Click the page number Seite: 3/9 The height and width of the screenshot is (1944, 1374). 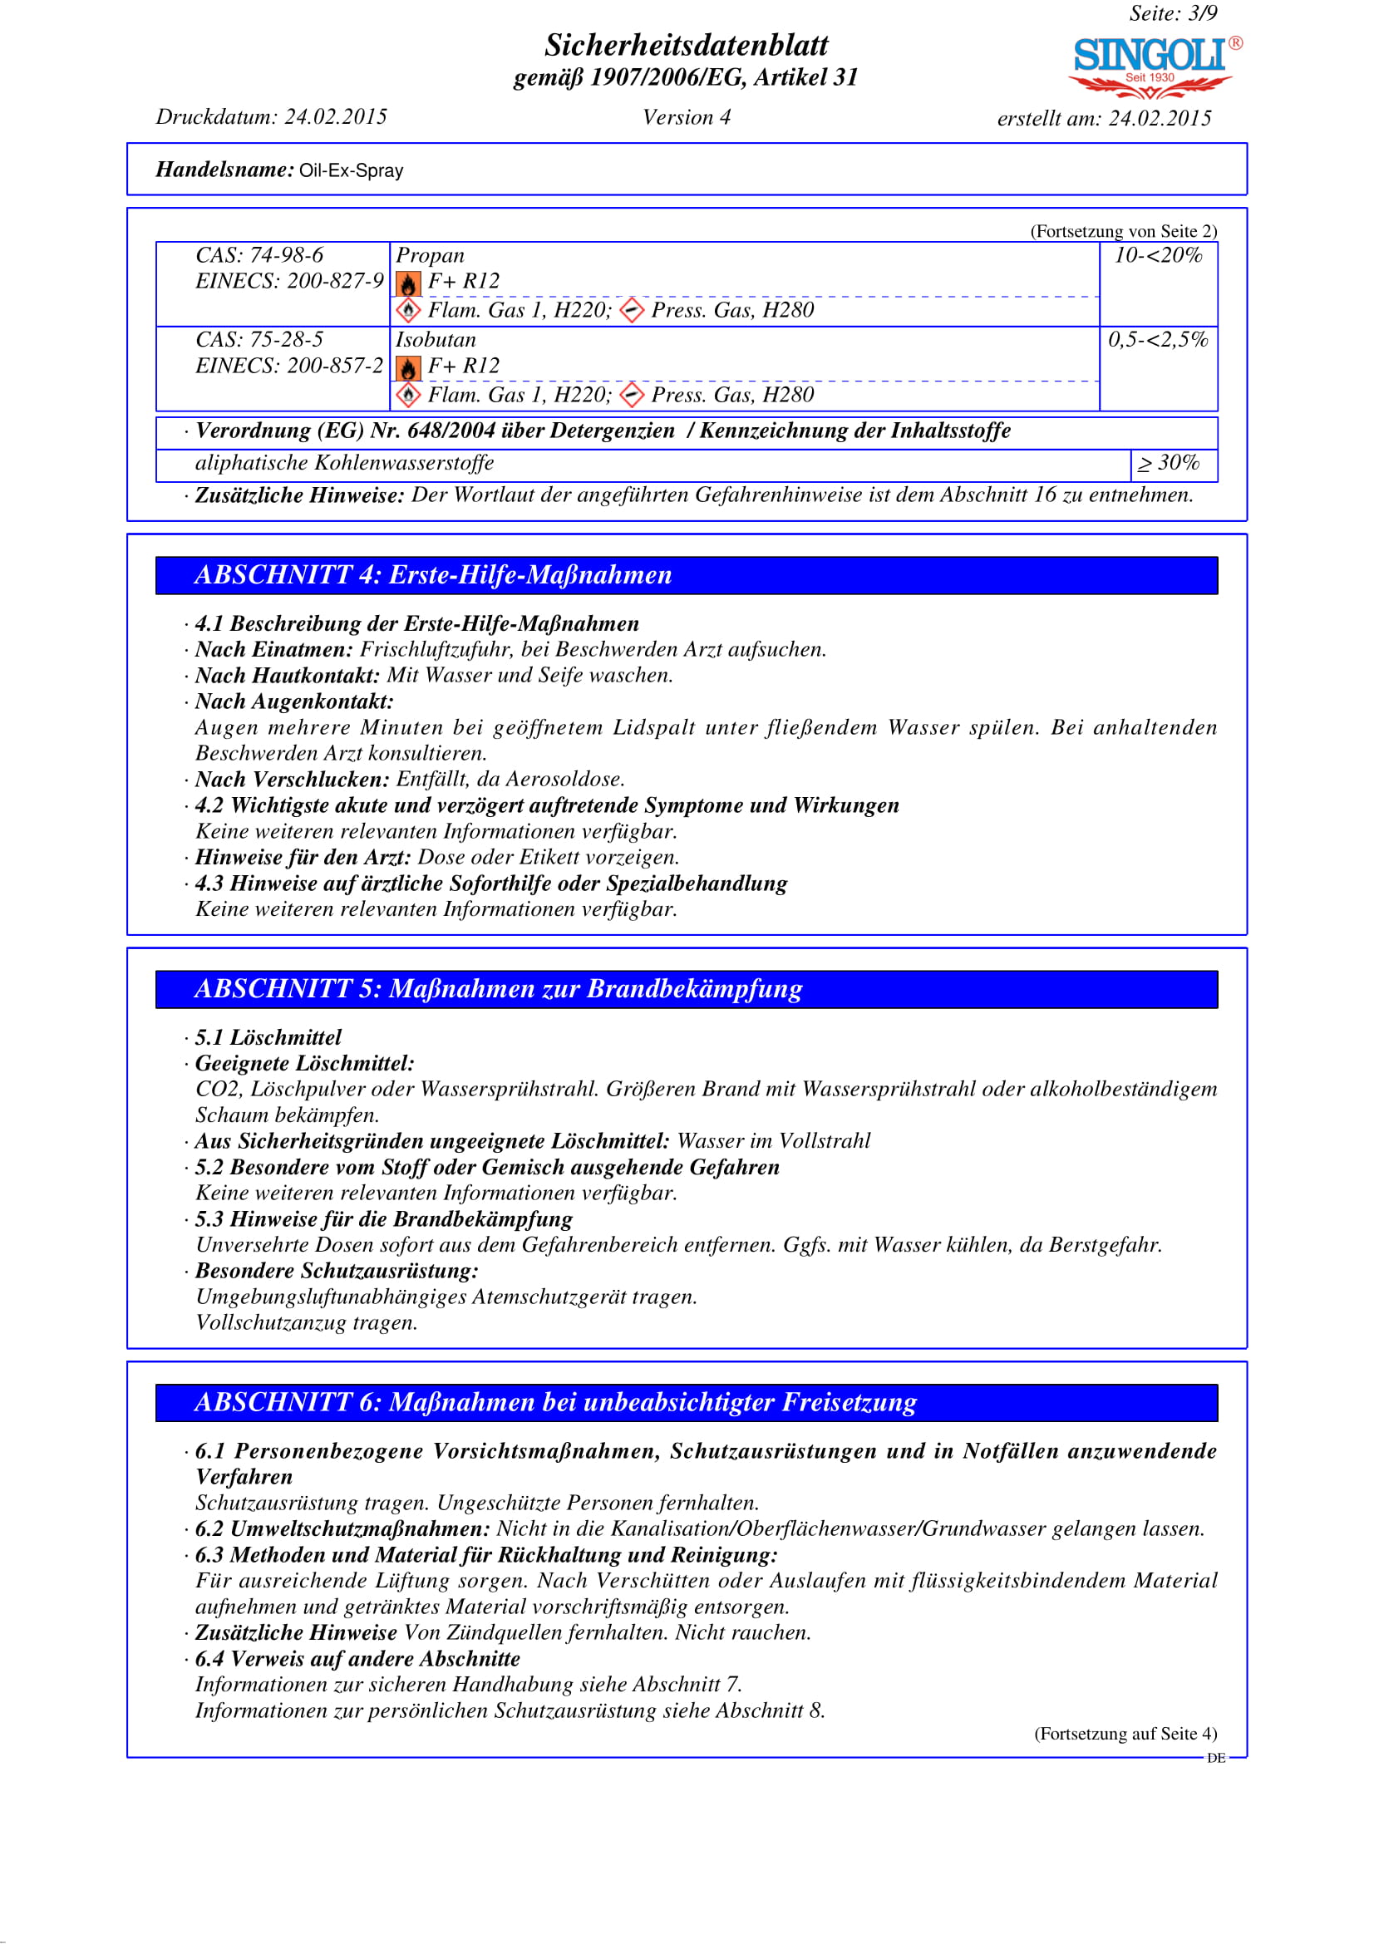tap(1173, 13)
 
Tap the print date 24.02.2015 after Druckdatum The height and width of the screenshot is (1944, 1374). tap(335, 117)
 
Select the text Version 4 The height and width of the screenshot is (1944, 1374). tap(686, 118)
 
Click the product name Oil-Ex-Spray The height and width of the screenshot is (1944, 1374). tap(352, 171)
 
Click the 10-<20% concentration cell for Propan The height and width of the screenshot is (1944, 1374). tap(1157, 255)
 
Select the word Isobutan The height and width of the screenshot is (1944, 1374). tap(436, 340)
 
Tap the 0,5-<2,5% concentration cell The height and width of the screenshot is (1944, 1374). tap(1157, 340)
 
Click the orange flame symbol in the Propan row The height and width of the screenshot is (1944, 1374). tap(408, 283)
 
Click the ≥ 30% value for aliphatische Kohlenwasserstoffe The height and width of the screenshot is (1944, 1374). tap(1169, 463)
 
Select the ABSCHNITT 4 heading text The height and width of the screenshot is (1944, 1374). tap(432, 575)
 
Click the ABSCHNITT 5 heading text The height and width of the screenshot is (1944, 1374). tap(498, 989)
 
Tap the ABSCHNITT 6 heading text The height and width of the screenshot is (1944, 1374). tap(555, 1402)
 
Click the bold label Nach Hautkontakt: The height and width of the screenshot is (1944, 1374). tap(287, 675)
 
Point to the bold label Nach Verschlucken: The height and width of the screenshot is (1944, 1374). tap(292, 779)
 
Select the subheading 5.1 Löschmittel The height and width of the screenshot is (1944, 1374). tap(268, 1037)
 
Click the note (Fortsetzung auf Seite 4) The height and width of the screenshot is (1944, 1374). tap(1125, 1733)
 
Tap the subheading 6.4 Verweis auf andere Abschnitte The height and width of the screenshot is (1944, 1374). tap(357, 1658)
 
